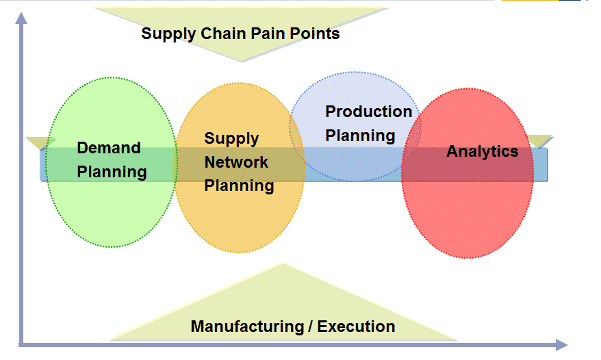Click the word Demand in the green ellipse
pos(108,148)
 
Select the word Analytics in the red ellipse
pos(482,151)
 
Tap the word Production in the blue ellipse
pos(368,112)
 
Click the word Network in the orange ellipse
pos(236,162)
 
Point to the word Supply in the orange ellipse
pos(231,139)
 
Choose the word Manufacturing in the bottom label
pos(251,326)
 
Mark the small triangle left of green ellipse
pos(40,142)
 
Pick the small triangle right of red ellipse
pos(542,141)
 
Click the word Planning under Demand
pos(112,172)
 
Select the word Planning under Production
pos(360,136)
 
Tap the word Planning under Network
pos(239,185)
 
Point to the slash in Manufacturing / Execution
pos(311,326)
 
